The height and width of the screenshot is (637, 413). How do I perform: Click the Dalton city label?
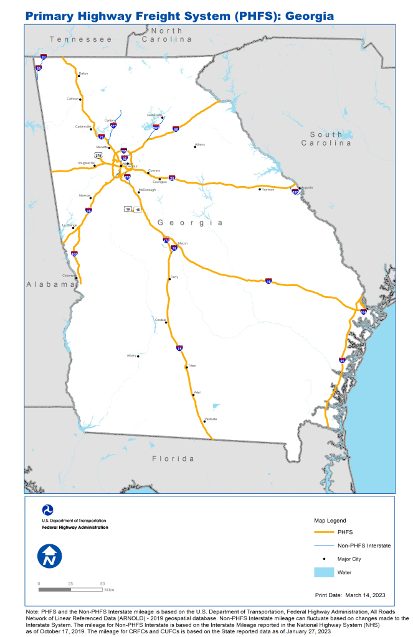point(83,73)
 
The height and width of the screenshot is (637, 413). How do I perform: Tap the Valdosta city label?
point(211,419)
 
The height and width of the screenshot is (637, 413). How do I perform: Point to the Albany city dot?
point(138,356)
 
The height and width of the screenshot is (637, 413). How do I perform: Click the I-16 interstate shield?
point(268,281)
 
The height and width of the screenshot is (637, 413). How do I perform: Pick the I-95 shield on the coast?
point(342,360)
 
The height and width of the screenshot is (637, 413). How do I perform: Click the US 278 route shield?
point(98,154)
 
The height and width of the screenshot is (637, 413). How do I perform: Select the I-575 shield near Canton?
point(113,125)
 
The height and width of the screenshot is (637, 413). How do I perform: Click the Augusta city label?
point(306,187)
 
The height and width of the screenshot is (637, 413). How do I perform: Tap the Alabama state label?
point(50,284)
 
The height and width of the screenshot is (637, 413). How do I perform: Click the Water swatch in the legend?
point(322,572)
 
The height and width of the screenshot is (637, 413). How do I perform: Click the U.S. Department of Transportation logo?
point(47,510)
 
